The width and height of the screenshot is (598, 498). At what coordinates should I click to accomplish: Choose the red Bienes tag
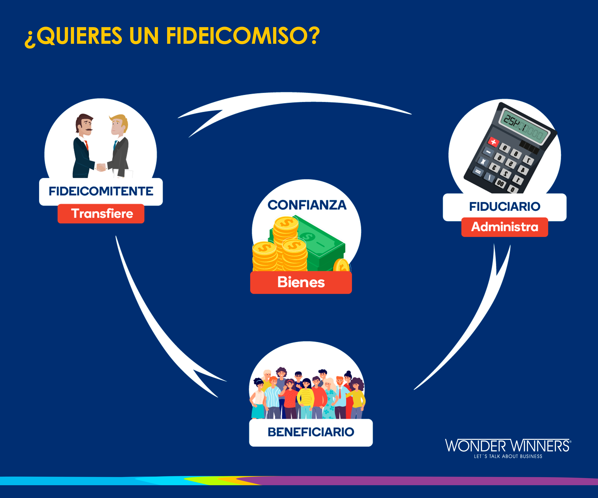(301, 282)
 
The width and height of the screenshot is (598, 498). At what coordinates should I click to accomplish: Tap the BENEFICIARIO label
(311, 432)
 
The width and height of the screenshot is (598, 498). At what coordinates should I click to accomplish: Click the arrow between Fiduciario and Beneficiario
(478, 319)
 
